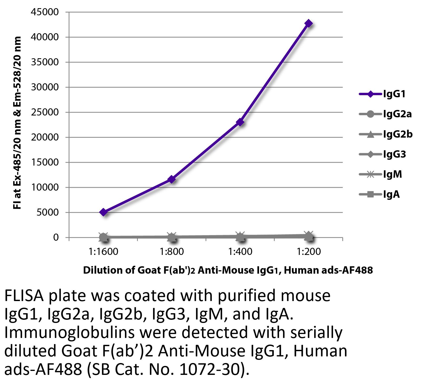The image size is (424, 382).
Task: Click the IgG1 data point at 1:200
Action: click(x=309, y=23)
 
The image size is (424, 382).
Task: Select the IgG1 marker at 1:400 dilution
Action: click(x=240, y=122)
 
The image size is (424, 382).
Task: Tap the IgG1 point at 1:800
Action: click(x=172, y=180)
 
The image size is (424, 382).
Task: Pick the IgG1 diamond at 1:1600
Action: click(x=104, y=212)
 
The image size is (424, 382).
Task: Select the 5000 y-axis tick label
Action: click(x=47, y=212)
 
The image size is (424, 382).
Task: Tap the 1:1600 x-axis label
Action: click(x=104, y=252)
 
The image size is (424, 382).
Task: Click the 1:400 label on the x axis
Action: click(x=240, y=252)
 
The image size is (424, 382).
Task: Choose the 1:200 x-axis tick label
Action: click(x=309, y=252)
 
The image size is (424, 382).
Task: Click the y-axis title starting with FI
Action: click(x=17, y=123)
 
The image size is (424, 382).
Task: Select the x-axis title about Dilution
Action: click(x=228, y=270)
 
